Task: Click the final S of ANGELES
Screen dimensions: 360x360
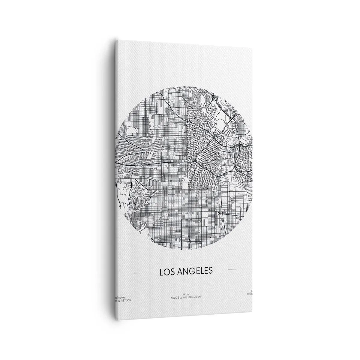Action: pos(211,271)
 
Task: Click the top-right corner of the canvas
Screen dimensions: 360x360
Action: pos(251,46)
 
